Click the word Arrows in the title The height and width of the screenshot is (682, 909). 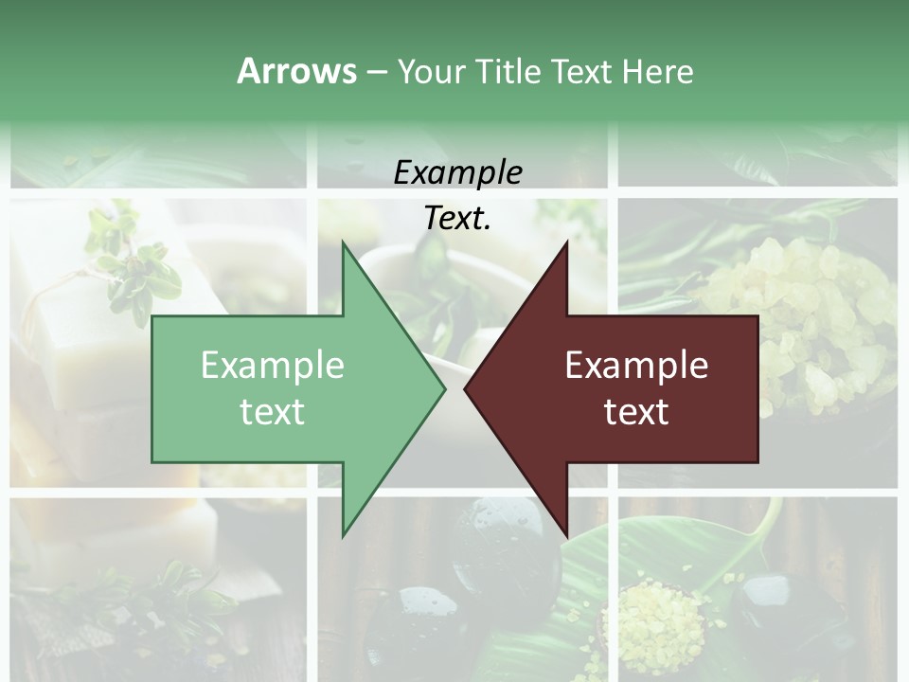click(296, 71)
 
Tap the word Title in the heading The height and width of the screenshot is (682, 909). click(508, 71)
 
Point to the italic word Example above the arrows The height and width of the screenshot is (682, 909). click(457, 172)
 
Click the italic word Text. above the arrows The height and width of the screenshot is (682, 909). click(457, 219)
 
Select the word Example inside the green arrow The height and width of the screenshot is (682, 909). click(273, 365)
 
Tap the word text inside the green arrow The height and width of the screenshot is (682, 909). click(273, 411)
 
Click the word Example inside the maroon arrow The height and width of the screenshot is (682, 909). click(636, 365)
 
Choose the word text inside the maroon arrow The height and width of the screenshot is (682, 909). click(636, 411)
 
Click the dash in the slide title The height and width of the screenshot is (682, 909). click(376, 71)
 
